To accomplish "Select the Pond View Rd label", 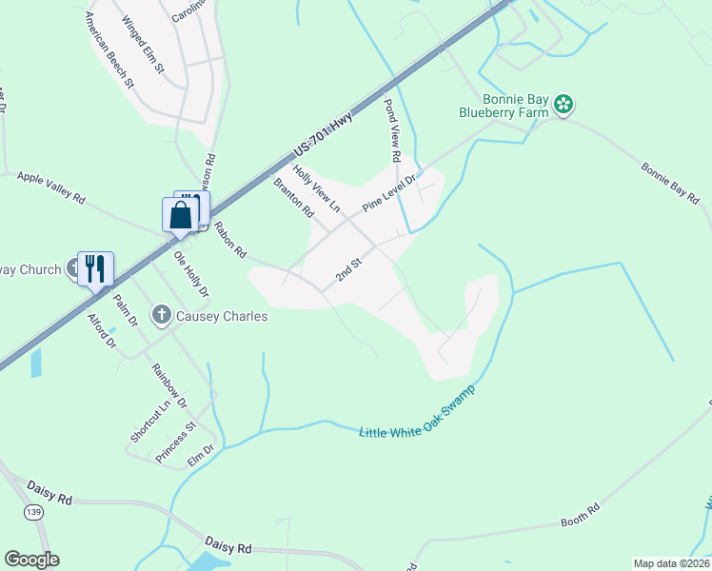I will pos(392,130).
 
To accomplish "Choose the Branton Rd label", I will pos(293,198).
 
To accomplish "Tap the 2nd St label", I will pos(349,269).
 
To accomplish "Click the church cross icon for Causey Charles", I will pos(162,314).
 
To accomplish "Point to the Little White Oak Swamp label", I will pos(417,416).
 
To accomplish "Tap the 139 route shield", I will pos(33,512).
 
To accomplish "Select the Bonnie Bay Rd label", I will pos(670,185).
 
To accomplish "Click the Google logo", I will pos(31,560).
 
